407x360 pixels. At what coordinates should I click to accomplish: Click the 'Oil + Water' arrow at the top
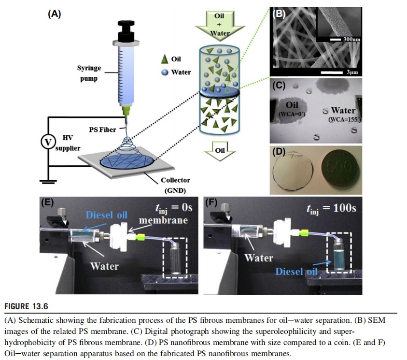pyautogui.click(x=219, y=24)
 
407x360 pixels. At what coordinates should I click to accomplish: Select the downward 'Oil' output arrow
pyautogui.click(x=220, y=151)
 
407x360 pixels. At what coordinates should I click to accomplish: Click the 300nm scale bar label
pyautogui.click(x=351, y=38)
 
